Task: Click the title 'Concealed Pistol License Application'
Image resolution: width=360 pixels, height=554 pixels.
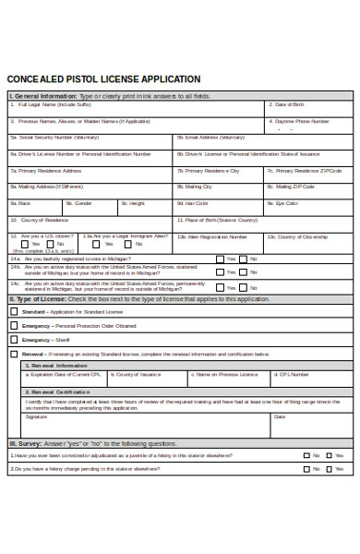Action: pos(103,79)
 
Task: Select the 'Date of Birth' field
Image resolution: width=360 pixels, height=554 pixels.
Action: pos(309,109)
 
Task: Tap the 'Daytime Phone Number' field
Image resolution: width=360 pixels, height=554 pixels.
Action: pos(309,126)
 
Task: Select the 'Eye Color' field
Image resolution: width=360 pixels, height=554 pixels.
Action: pos(309,208)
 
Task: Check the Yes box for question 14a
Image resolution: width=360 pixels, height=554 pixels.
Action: pos(220,259)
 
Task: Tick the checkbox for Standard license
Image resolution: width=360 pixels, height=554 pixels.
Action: pos(13,312)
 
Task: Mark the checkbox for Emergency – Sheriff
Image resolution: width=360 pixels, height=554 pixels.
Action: pos(13,340)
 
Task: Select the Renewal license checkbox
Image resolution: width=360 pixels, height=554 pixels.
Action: pos(13,354)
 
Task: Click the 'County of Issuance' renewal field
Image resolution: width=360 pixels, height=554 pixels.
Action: pos(148,379)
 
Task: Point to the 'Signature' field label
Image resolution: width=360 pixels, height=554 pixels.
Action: pos(36,416)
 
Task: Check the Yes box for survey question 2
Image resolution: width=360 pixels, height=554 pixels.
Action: pos(307,469)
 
